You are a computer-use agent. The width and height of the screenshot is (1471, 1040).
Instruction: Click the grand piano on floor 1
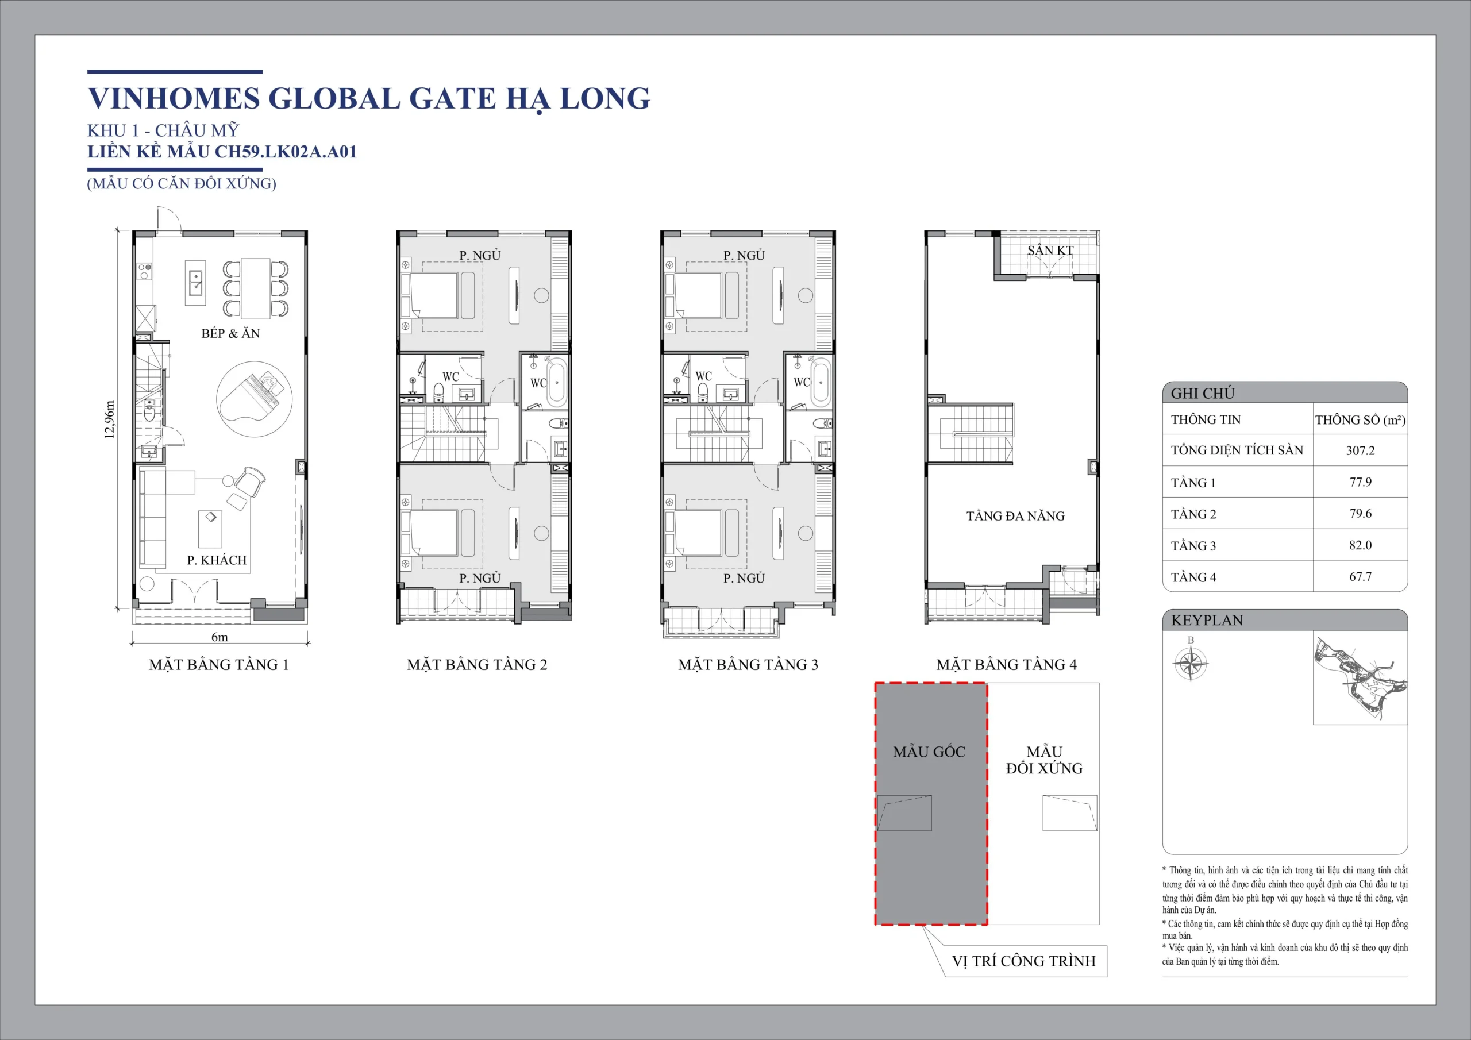(254, 399)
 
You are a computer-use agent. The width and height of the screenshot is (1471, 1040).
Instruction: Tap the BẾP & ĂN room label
(230, 333)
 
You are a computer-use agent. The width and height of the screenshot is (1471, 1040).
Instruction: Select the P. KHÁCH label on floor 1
(217, 560)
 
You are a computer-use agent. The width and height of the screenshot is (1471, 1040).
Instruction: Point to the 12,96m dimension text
(110, 419)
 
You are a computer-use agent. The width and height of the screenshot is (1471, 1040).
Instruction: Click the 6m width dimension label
(220, 637)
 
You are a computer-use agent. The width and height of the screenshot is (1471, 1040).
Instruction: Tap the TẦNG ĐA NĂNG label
(1015, 516)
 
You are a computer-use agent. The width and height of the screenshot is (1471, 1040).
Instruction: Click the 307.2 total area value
(1360, 450)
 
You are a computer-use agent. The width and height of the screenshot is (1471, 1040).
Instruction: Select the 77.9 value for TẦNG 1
(1360, 482)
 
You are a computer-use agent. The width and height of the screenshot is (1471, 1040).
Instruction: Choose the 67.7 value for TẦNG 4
(1360, 577)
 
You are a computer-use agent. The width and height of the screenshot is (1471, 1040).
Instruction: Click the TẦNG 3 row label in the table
(1193, 546)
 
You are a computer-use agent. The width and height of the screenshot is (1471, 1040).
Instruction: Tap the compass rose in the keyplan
(1191, 663)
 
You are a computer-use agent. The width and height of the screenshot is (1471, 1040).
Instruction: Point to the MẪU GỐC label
(929, 752)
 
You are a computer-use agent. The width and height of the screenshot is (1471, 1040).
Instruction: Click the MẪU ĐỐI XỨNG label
(1044, 760)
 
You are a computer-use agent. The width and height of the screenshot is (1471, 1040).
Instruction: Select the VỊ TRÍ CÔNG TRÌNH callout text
(1024, 961)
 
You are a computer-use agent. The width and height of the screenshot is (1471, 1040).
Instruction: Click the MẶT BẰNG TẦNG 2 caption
(477, 664)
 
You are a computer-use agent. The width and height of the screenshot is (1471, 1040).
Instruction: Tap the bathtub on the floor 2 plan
(556, 383)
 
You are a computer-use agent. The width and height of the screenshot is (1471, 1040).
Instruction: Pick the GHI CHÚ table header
(1203, 393)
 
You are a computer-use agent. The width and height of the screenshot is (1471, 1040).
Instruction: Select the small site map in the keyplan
(1360, 680)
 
